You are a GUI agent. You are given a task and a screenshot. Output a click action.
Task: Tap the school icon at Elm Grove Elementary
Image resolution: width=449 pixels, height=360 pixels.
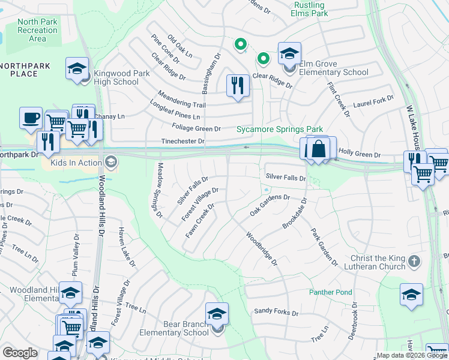(289, 55)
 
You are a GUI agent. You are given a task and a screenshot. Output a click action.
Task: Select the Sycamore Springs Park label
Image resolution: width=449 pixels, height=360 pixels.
(279, 129)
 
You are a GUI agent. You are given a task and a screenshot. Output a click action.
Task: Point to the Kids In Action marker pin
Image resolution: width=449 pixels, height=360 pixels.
(110, 161)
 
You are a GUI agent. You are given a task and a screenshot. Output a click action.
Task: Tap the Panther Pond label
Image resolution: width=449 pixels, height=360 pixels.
(331, 292)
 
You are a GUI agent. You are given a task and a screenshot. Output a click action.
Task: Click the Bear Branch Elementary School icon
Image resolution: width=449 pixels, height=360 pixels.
(217, 314)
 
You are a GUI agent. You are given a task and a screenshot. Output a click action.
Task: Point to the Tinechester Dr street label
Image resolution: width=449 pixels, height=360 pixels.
(183, 142)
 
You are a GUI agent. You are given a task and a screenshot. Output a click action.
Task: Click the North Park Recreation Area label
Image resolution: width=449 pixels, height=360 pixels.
(37, 30)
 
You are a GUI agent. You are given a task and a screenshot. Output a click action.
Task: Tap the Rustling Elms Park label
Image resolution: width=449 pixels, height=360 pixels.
(309, 8)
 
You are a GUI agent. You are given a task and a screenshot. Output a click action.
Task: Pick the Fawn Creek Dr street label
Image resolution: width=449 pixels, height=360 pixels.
(200, 221)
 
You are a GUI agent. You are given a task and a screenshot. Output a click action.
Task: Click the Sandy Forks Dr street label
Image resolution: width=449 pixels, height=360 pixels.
(276, 312)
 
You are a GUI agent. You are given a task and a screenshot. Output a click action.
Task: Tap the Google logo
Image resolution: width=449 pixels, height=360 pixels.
(20, 353)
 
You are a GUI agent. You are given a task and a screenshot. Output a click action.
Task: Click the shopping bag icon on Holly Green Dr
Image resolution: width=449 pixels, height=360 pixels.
(320, 148)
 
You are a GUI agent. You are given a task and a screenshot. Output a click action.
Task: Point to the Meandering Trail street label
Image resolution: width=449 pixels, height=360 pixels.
(182, 100)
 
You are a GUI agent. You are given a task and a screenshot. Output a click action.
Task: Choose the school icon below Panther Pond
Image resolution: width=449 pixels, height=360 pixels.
(411, 295)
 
